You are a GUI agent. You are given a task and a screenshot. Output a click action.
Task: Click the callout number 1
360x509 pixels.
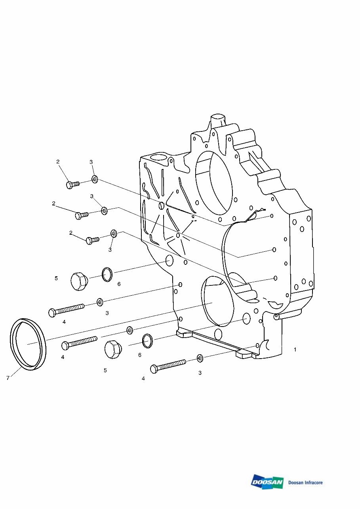(295, 350)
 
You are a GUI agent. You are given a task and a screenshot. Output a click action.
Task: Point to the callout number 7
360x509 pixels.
(8, 378)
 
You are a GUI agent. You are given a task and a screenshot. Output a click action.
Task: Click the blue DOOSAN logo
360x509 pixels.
(267, 482)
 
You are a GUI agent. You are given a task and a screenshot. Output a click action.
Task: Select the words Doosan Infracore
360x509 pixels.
(305, 482)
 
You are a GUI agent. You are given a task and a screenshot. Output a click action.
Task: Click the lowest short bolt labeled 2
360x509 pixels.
(92, 240)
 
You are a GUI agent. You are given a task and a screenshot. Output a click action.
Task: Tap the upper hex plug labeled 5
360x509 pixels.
(79, 281)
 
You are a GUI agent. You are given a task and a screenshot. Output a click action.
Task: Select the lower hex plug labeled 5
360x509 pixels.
(112, 349)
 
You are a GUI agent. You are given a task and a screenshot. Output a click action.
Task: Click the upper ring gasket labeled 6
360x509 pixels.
(107, 274)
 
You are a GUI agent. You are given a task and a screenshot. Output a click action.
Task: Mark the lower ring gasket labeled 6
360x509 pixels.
(147, 341)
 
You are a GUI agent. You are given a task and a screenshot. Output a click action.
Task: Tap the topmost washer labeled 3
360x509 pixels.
(95, 179)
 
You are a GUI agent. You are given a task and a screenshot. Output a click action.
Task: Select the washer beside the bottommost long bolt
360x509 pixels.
(200, 358)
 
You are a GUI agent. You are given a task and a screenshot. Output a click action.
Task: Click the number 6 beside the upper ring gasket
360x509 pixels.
(119, 284)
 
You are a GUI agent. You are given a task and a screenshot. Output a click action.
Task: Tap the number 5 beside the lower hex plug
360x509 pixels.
(105, 370)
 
